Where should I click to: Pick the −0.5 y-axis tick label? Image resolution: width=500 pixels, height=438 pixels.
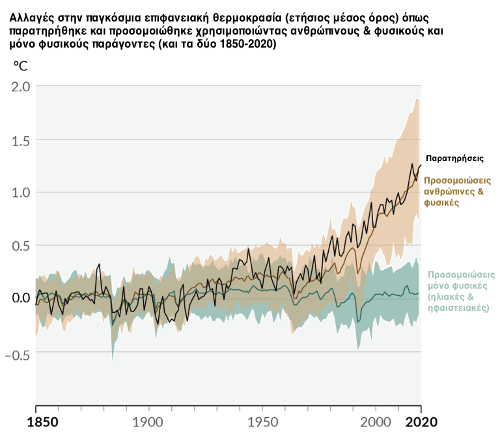(16, 356)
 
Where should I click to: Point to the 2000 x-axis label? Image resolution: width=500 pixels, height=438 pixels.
(376, 421)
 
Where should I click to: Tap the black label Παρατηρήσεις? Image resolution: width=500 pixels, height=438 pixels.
(454, 158)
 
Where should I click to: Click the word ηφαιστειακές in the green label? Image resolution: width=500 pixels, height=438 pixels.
(458, 307)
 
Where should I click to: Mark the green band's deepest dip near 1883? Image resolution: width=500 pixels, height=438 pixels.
(113, 360)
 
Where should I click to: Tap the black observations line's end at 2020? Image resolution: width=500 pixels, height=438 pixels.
(421, 164)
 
